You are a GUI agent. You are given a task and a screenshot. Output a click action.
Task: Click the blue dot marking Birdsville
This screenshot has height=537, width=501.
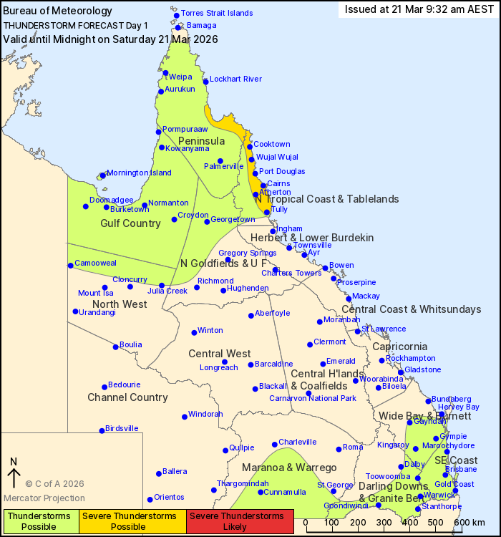(x=102, y=430)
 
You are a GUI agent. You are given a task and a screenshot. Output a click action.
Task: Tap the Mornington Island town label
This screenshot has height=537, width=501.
(x=140, y=173)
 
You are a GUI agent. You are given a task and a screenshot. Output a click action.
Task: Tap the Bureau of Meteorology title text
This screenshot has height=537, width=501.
(x=58, y=11)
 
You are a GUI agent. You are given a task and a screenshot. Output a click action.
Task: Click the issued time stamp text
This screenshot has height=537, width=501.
(x=419, y=9)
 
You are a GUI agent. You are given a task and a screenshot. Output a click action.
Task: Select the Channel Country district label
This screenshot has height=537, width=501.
(x=127, y=397)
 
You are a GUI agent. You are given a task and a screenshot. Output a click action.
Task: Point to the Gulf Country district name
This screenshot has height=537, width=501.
(x=130, y=223)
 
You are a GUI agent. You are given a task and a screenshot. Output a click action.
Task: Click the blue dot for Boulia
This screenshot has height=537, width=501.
(x=115, y=347)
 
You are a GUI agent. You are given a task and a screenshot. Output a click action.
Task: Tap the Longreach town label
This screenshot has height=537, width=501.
(x=219, y=367)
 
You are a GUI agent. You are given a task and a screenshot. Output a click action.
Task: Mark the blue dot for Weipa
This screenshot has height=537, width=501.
(x=165, y=73)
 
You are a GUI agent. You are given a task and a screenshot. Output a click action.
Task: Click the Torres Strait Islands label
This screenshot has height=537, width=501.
(x=217, y=13)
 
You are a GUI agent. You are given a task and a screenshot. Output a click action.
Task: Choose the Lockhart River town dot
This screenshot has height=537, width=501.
(x=205, y=81)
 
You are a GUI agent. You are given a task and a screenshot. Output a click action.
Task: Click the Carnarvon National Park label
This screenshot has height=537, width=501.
(x=312, y=398)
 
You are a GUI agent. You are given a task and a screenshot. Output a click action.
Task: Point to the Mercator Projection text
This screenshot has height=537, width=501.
(x=44, y=498)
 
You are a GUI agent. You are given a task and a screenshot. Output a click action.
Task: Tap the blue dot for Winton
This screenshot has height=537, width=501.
(x=194, y=332)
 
